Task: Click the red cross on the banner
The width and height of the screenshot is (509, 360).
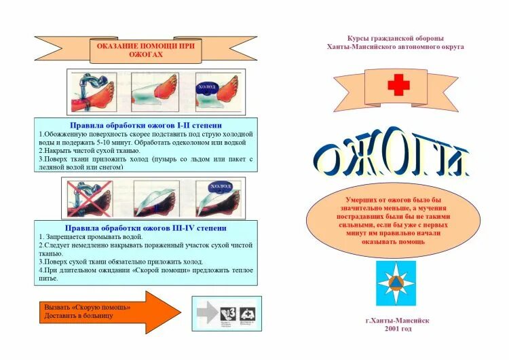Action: tap(398, 86)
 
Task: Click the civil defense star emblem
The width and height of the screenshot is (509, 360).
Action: tap(396, 283)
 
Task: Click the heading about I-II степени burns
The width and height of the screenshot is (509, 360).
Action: tap(146, 125)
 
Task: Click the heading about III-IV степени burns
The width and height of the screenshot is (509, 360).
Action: tap(145, 228)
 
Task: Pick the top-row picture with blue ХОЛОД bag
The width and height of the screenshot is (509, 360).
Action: tap(217, 92)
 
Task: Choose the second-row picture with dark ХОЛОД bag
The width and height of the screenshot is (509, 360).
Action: tap(218, 198)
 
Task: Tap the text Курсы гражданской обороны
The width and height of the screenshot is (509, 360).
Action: tap(395, 39)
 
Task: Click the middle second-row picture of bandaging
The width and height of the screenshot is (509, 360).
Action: tap(155, 198)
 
